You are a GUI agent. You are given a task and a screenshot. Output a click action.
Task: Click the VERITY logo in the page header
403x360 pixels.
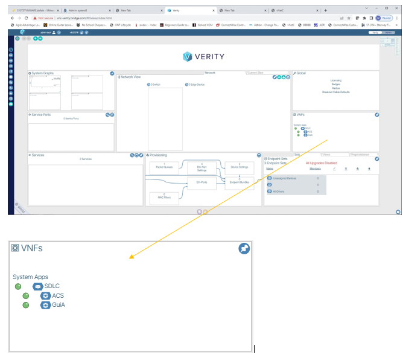pyautogui.click(x=203, y=57)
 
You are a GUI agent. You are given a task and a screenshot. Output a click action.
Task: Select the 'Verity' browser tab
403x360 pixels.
pyautogui.click(x=181, y=10)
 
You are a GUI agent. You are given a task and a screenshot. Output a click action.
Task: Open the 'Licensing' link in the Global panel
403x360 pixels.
pyautogui.click(x=336, y=80)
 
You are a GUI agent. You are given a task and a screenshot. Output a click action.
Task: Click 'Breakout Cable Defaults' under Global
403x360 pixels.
pyautogui.click(x=336, y=92)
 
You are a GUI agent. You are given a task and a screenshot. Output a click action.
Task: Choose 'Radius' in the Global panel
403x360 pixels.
pyautogui.click(x=336, y=88)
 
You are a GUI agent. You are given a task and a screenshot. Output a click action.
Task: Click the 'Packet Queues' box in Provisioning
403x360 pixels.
pyautogui.click(x=160, y=166)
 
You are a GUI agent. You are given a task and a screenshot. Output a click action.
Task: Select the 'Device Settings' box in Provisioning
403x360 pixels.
pyautogui.click(x=240, y=166)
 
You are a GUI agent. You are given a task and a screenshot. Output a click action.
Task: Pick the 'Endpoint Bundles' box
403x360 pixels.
pyautogui.click(x=240, y=180)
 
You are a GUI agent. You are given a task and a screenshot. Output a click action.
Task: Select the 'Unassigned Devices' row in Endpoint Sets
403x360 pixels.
pyautogui.click(x=284, y=178)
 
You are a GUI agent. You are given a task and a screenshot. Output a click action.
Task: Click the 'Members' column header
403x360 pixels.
pyautogui.click(x=315, y=169)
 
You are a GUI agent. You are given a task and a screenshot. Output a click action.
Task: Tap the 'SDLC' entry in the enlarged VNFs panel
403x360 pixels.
pyautogui.click(x=52, y=286)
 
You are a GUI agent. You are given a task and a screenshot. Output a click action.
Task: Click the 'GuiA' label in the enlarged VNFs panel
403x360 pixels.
pyautogui.click(x=59, y=305)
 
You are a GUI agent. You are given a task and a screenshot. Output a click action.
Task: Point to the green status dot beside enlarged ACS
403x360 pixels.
pyautogui.click(x=26, y=296)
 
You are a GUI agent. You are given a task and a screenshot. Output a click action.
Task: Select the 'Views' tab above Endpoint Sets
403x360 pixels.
pyautogui.click(x=326, y=155)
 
